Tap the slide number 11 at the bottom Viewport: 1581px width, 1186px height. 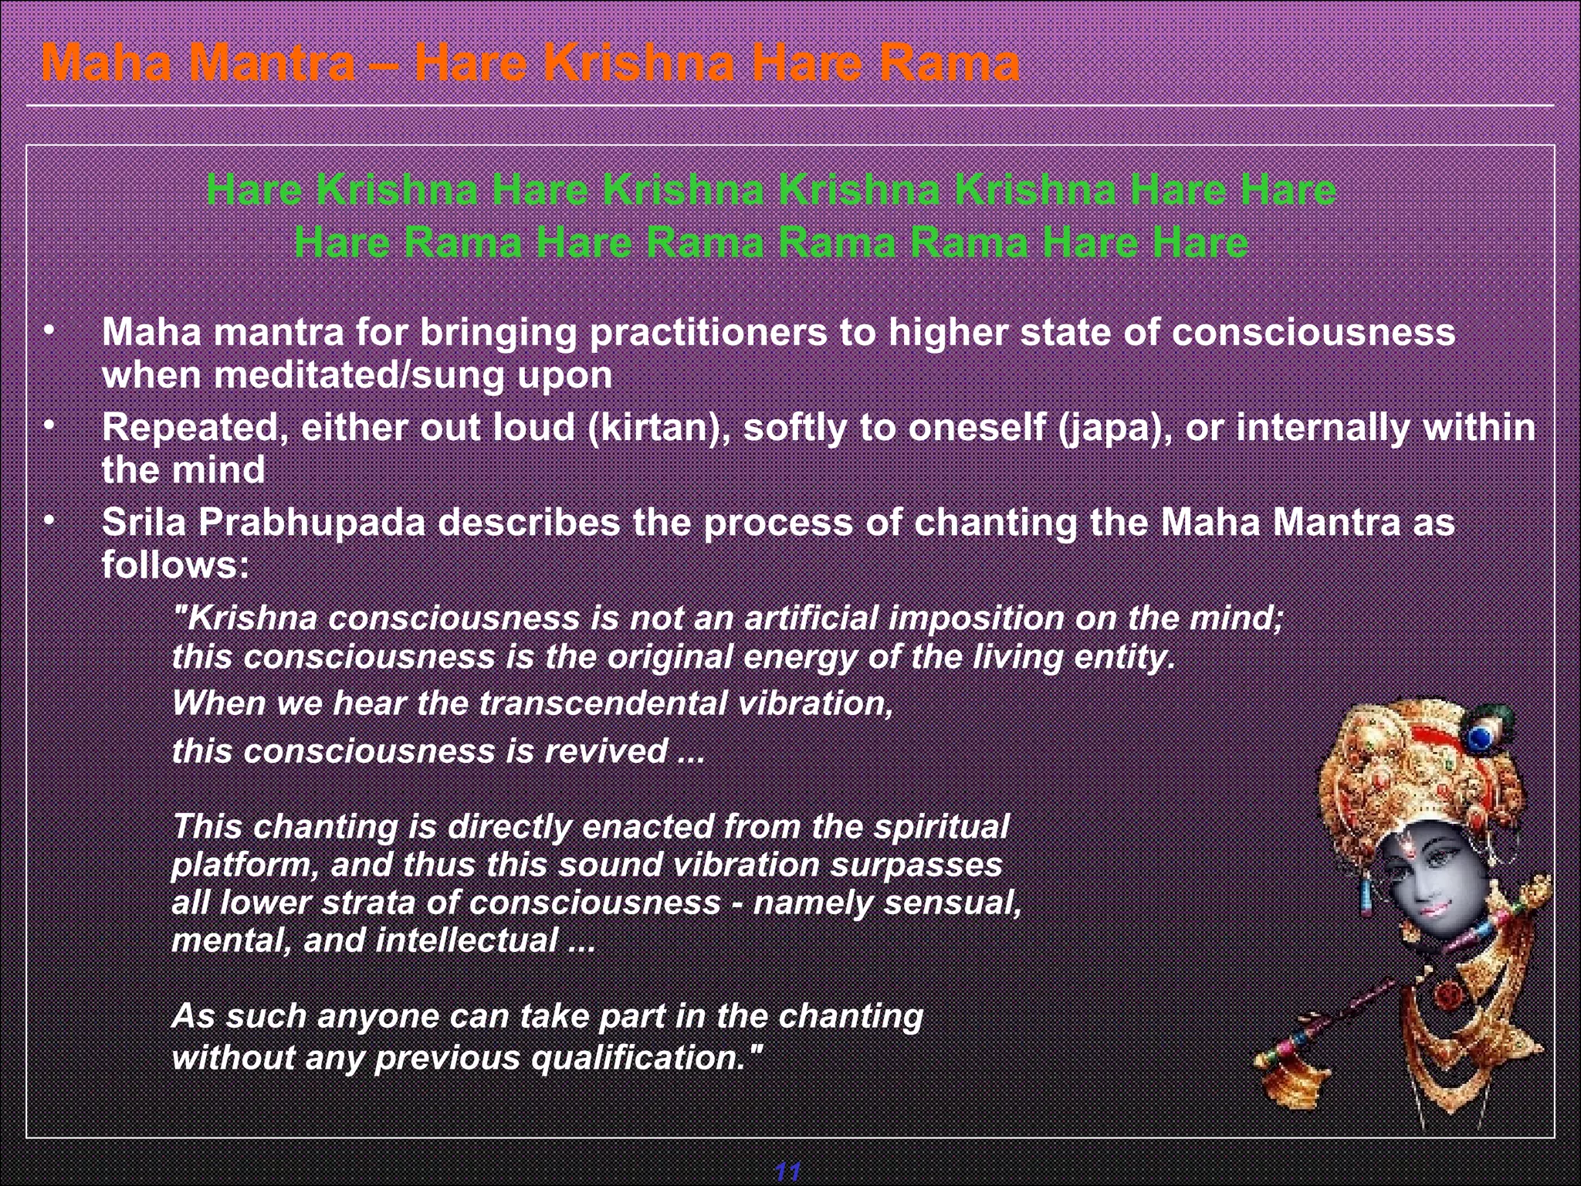[x=787, y=1171]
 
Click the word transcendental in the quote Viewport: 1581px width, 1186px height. [x=603, y=703]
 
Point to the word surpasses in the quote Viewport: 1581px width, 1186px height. [x=916, y=865]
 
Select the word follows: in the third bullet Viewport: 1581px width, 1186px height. [x=176, y=565]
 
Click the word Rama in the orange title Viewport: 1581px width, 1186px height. [x=950, y=63]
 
